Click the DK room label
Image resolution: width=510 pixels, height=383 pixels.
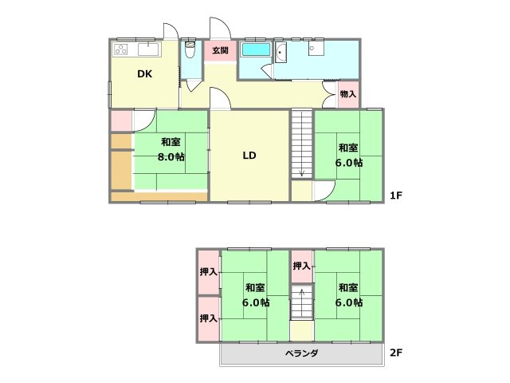coord(144,75)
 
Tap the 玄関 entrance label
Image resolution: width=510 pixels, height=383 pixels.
coord(221,50)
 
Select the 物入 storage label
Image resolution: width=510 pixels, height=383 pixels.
coord(348,94)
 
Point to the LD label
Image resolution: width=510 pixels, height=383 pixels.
coord(249,156)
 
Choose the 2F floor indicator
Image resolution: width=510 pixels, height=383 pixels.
coord(396,352)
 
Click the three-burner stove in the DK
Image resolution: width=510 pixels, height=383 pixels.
coord(121,49)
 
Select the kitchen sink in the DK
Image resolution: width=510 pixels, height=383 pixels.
coord(149,50)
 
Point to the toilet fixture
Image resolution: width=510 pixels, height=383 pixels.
coord(190,52)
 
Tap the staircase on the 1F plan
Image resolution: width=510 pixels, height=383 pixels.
coord(301,144)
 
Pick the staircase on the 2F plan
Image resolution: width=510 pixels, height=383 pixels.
coord(301,303)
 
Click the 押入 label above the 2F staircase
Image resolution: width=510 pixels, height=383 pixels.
coord(301,266)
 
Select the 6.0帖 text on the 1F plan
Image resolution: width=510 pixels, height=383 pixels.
coord(348,162)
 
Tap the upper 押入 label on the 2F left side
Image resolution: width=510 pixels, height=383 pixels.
coord(208,272)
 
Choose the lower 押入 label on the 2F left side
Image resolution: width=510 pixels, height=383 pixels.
coord(208,318)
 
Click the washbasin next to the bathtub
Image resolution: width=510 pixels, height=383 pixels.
coord(281,55)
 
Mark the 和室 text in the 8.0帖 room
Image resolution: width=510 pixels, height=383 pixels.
coord(170,142)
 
